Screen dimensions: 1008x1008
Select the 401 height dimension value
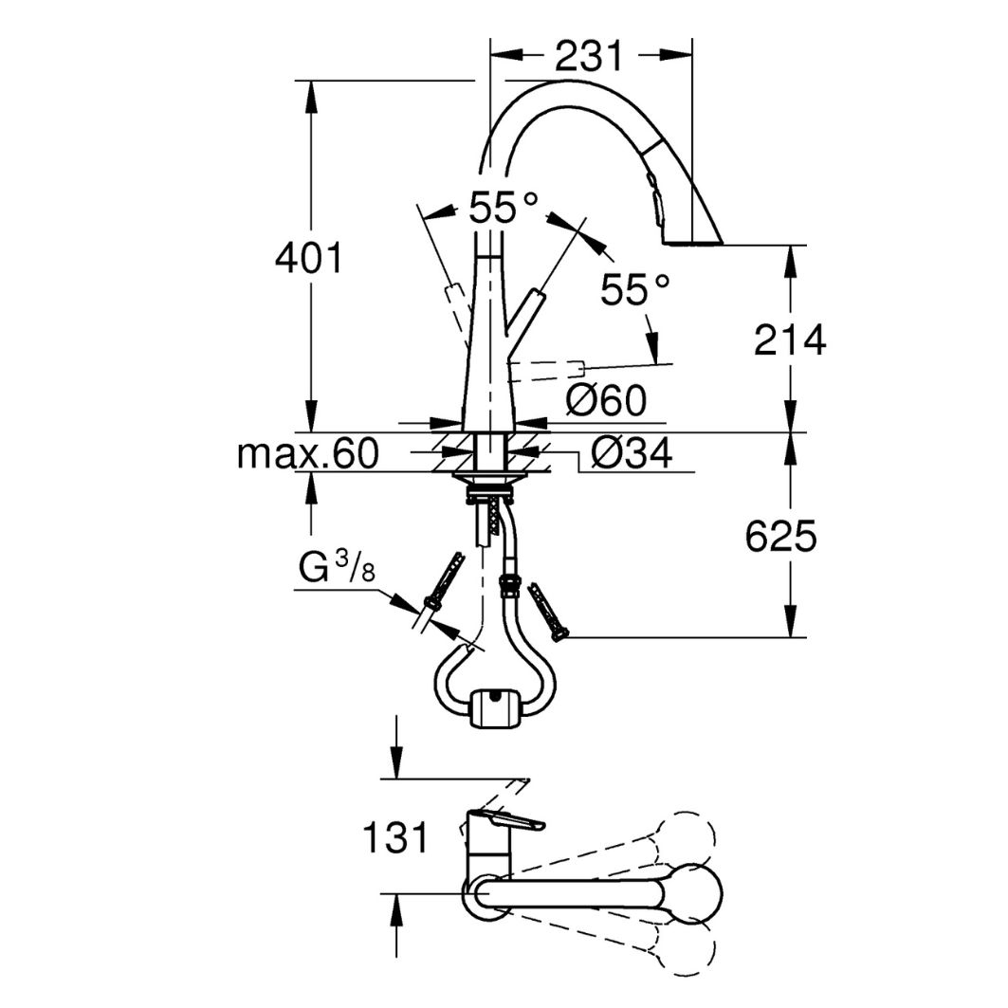tap(309, 258)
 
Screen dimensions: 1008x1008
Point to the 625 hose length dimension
tap(780, 538)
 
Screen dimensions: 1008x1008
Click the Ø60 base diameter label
tap(607, 402)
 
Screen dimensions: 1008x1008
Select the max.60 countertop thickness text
tap(308, 454)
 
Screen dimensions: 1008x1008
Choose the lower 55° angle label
tap(635, 290)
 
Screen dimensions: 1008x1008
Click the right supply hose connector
tap(549, 609)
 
